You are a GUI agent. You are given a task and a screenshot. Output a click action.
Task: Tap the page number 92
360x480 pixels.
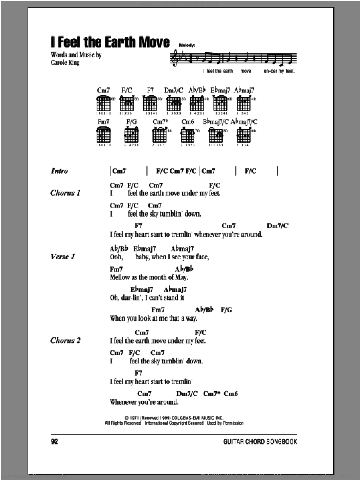pos(55,442)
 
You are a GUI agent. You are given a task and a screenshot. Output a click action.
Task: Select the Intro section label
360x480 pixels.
pos(60,171)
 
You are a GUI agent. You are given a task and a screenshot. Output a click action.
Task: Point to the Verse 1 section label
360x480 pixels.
pos(63,256)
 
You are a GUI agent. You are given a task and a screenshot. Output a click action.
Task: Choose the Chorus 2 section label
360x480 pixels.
pos(66,340)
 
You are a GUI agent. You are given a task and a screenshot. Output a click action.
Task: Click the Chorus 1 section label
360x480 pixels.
pos(66,193)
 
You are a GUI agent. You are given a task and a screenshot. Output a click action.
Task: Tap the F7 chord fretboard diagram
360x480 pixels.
pos(151,105)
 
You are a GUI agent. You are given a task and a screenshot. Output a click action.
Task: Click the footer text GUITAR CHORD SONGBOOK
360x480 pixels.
pos(260,442)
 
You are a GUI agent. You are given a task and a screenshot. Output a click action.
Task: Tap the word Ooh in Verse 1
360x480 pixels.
pos(116,256)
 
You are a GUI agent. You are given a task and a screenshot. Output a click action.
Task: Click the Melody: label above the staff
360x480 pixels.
pos(188,46)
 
